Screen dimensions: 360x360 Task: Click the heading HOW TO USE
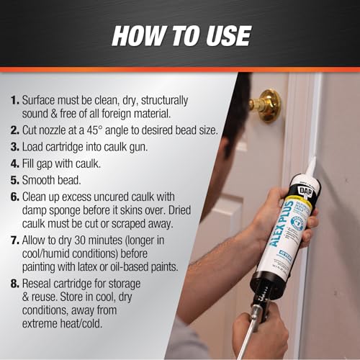pyautogui.click(x=179, y=35)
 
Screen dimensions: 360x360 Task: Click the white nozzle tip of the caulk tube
pyautogui.click(x=311, y=168)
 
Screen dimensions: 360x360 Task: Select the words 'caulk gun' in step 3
pyautogui.click(x=132, y=148)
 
